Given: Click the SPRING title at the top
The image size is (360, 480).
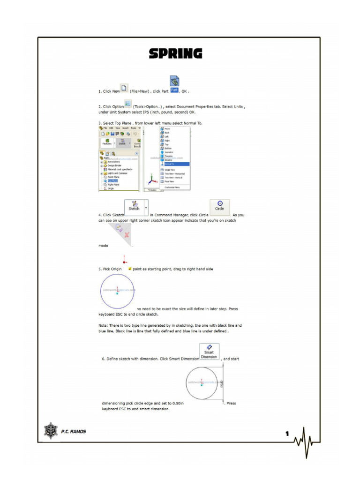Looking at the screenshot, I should (175, 54).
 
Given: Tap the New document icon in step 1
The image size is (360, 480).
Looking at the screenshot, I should (124, 88).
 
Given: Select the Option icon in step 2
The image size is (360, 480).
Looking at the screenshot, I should (128, 104).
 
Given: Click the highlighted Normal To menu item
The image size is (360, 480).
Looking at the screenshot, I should (175, 164).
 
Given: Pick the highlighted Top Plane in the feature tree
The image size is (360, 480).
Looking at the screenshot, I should (113, 180).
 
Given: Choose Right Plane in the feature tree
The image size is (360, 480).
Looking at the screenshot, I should (113, 185).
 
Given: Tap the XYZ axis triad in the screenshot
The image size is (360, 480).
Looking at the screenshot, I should (151, 180).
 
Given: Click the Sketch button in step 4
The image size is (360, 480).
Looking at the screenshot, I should (134, 206).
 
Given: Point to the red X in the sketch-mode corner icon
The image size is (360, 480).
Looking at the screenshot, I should (127, 234).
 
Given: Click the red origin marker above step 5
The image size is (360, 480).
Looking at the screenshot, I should (124, 260).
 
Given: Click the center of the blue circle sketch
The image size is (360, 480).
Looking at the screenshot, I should (117, 291).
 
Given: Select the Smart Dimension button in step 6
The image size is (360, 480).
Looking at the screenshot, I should (209, 352).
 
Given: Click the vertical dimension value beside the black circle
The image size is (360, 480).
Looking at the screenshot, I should (222, 383).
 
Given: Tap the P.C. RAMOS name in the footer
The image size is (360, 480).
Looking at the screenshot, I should (74, 432).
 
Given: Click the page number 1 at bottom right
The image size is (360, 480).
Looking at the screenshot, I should (287, 434).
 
